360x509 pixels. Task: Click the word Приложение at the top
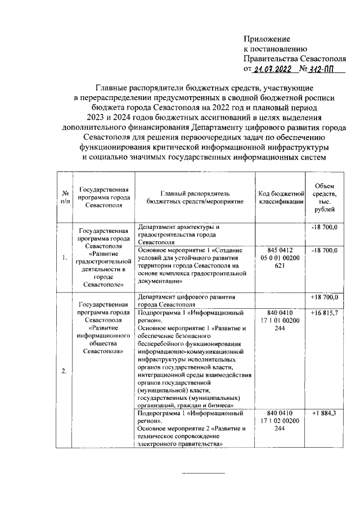coord(267,39)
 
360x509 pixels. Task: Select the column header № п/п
coord(65,197)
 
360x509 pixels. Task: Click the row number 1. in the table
coord(65,258)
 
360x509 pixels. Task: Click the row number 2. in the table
coord(65,370)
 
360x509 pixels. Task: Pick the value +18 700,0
coord(325,297)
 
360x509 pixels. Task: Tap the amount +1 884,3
coord(325,413)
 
